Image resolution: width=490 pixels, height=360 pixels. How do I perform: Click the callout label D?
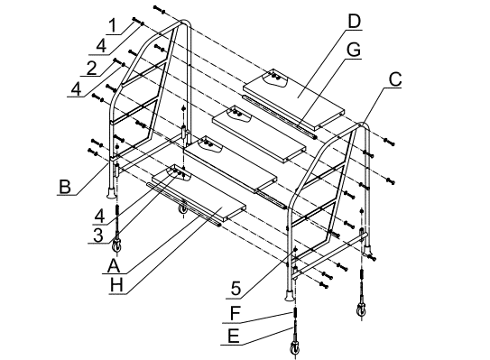click(354, 22)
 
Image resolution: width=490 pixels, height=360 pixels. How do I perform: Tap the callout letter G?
click(354, 50)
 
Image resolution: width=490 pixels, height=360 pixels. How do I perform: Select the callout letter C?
click(395, 79)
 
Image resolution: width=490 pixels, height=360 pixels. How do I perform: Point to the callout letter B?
click(65, 187)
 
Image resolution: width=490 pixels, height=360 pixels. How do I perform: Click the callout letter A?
click(114, 266)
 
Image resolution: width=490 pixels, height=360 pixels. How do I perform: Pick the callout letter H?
click(116, 285)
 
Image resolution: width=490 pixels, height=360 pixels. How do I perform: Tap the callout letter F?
click(235, 313)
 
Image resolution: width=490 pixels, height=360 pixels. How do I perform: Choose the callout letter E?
click(234, 337)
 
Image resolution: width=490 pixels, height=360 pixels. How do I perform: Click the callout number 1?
click(113, 26)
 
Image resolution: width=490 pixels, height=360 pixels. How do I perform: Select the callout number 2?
click(91, 69)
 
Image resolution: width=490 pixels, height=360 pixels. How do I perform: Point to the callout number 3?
click(98, 235)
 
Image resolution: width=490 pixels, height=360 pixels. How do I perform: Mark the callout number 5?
click(236, 289)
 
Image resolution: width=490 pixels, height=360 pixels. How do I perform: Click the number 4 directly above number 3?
click(99, 217)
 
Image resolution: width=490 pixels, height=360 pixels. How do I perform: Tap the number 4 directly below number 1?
click(101, 47)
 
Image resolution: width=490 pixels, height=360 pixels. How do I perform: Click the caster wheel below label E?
click(295, 346)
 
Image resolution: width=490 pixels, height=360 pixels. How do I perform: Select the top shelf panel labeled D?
click(294, 99)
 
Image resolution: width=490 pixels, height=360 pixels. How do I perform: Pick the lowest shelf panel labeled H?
click(199, 194)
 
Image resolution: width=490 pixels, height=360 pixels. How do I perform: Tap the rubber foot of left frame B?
click(111, 193)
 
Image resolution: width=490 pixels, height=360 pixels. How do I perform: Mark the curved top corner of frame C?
click(362, 125)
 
